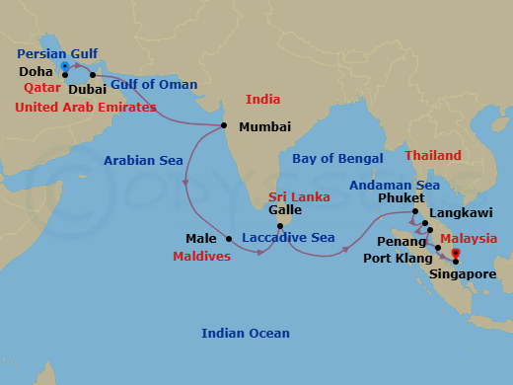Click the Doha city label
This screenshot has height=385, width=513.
[x=36, y=73]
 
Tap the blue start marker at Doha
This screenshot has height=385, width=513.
[x=65, y=67]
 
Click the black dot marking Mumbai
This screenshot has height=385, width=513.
[x=225, y=125]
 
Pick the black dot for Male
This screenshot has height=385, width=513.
[x=229, y=238]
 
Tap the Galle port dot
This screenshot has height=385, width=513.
[x=279, y=226]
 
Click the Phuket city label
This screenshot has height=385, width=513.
[x=396, y=196]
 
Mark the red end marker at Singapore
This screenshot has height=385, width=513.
[x=455, y=261]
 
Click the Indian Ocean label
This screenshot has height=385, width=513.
[x=244, y=333]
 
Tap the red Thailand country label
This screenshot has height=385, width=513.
[x=433, y=156]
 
